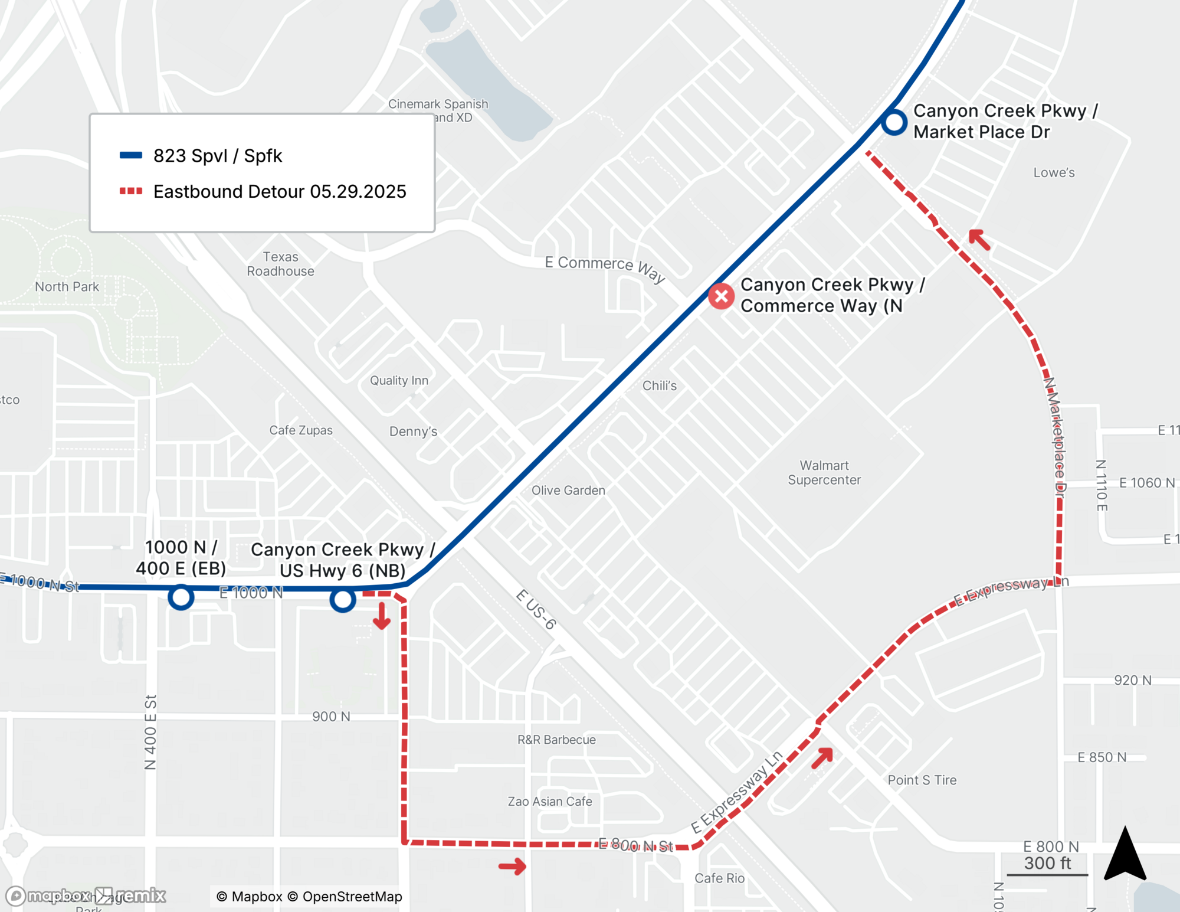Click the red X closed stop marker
pyautogui.click(x=721, y=296)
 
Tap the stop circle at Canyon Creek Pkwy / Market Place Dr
pyautogui.click(x=894, y=122)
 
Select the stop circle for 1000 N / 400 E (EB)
pyautogui.click(x=181, y=597)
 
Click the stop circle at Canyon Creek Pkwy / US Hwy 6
pyautogui.click(x=342, y=600)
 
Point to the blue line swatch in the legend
pyautogui.click(x=131, y=156)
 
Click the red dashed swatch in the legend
pyautogui.click(x=131, y=191)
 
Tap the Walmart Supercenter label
pyautogui.click(x=824, y=473)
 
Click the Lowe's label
pyautogui.click(x=1054, y=173)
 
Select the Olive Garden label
pyautogui.click(x=568, y=491)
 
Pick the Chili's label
pyautogui.click(x=659, y=386)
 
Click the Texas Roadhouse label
pyautogui.click(x=280, y=264)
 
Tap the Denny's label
pyautogui.click(x=413, y=432)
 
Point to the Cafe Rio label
pyautogui.click(x=719, y=878)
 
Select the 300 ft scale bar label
pyautogui.click(x=1047, y=864)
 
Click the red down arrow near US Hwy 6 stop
pyautogui.click(x=382, y=616)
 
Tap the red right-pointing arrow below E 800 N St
pyautogui.click(x=512, y=867)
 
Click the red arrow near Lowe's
pyautogui.click(x=979, y=240)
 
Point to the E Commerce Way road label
pyautogui.click(x=605, y=269)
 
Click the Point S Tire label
pyautogui.click(x=922, y=780)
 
